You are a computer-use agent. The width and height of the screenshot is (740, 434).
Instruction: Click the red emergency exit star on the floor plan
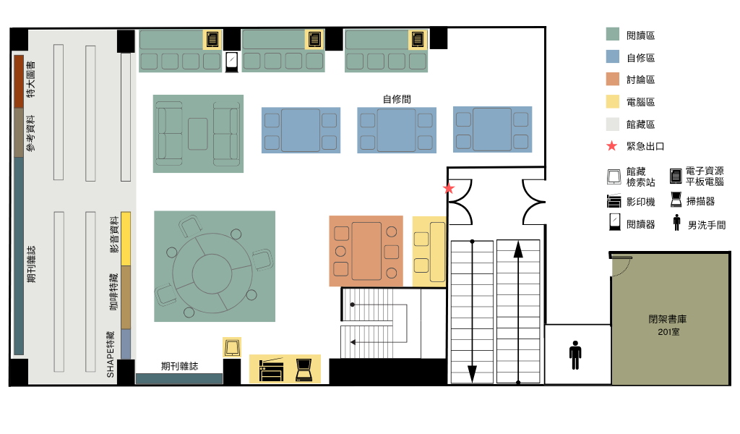(x=448, y=189)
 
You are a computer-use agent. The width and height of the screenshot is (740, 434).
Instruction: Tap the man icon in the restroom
(x=575, y=354)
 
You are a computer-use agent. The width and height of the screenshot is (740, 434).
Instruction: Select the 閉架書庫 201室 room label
(x=668, y=325)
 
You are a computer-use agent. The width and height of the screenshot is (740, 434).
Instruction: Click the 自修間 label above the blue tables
(x=397, y=99)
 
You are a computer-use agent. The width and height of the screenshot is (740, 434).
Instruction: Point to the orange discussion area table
(x=366, y=251)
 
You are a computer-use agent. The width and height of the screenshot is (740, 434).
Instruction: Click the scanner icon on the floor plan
(x=304, y=370)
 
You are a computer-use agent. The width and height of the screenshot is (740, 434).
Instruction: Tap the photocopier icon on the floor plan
(x=271, y=370)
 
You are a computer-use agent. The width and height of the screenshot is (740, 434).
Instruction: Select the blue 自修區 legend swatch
(x=613, y=56)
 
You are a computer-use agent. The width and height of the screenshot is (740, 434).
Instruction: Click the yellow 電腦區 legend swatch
(x=613, y=101)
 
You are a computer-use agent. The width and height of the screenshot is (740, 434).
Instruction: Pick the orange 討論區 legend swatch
(x=613, y=79)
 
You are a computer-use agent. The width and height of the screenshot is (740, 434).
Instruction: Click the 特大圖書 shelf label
(x=30, y=80)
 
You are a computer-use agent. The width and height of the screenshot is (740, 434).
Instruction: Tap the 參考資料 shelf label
(x=30, y=133)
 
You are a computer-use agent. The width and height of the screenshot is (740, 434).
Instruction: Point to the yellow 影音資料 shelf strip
(x=126, y=239)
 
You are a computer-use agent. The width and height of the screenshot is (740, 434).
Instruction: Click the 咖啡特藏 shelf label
(x=113, y=292)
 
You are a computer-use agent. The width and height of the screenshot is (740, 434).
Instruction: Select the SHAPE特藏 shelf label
(x=111, y=354)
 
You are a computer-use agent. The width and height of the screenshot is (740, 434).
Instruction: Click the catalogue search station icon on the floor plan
(x=232, y=348)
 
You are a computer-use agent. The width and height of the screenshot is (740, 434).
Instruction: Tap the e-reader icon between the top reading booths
(x=232, y=62)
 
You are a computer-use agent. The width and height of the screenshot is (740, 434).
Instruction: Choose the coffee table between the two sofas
(x=198, y=134)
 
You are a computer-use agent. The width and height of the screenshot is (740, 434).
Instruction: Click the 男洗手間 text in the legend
(x=707, y=225)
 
